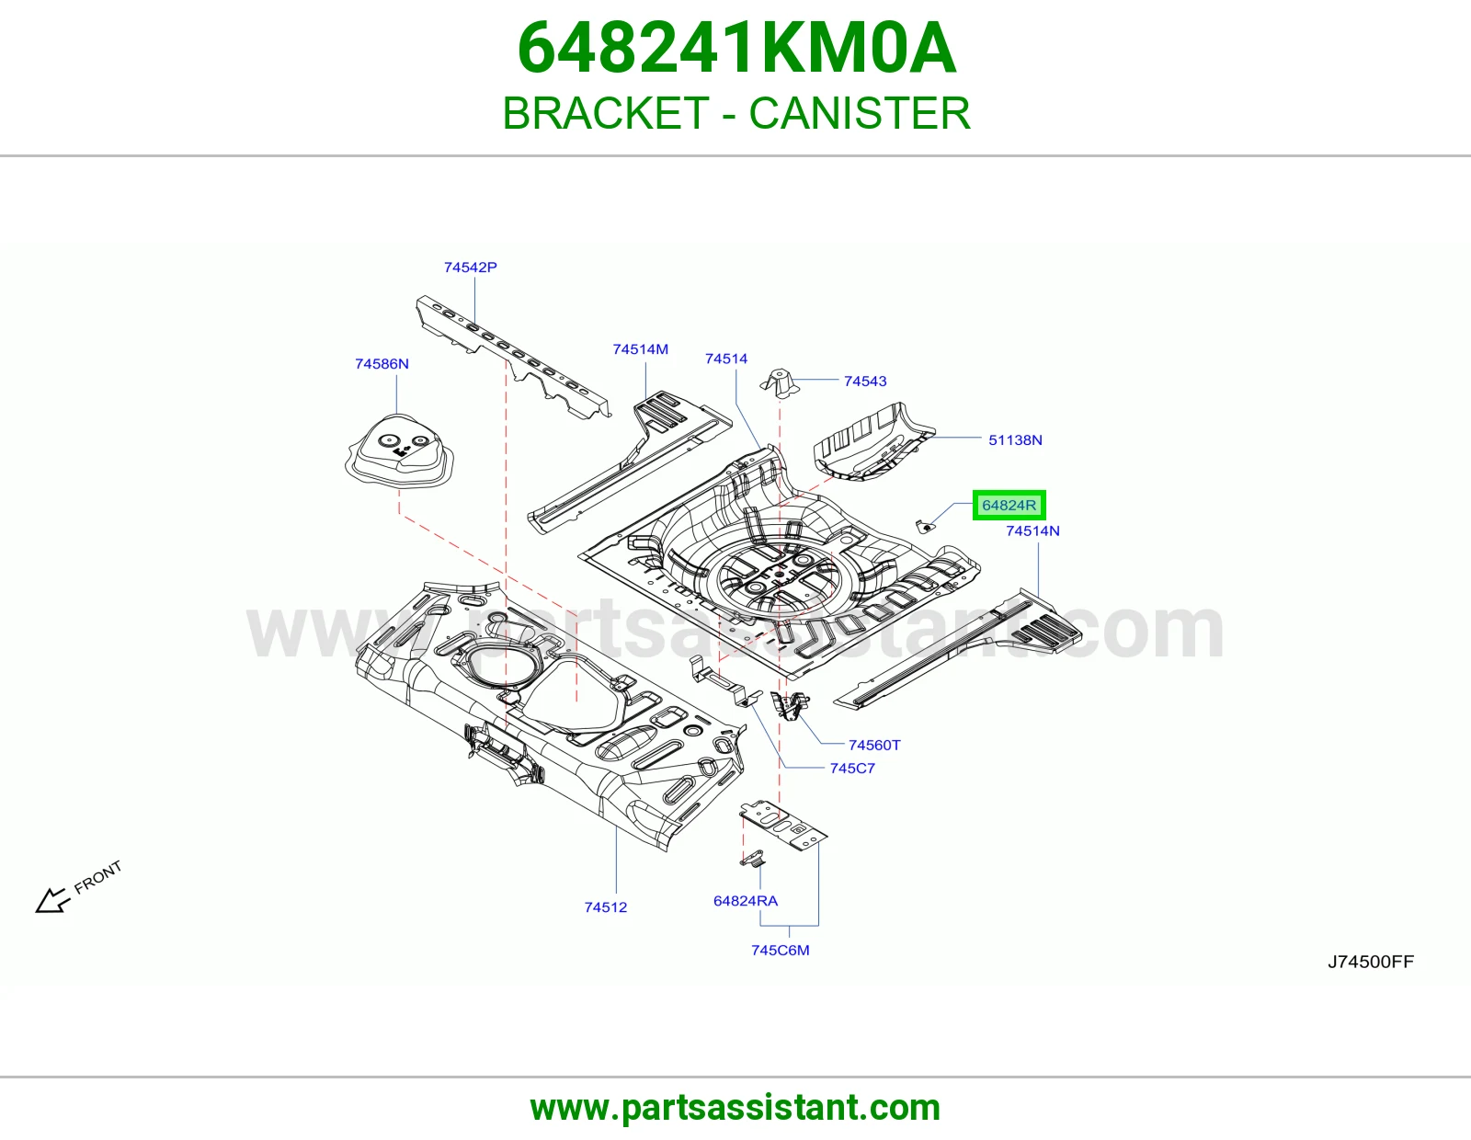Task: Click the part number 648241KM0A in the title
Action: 736,49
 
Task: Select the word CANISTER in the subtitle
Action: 860,113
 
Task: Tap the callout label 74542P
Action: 471,268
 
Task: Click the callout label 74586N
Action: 382,364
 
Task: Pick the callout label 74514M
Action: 641,349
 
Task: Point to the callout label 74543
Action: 865,382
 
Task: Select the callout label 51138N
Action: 1015,440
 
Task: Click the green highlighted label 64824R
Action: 1009,505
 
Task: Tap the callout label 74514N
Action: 1033,530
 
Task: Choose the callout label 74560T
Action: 874,746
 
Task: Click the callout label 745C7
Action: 852,769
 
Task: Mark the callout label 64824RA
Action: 746,901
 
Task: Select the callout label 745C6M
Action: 780,951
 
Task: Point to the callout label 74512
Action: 606,907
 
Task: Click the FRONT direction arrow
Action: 52,900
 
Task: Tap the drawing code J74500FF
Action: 1371,962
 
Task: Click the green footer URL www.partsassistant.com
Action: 735,1109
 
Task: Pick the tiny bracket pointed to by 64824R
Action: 924,526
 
